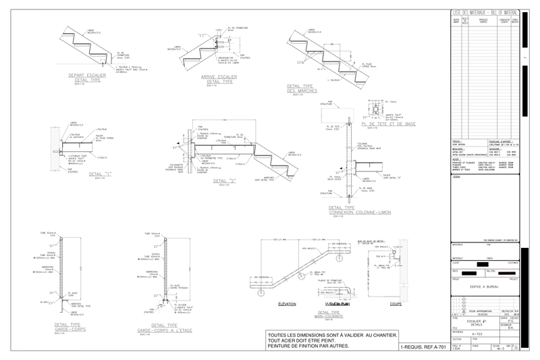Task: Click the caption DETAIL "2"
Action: click(x=223, y=180)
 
